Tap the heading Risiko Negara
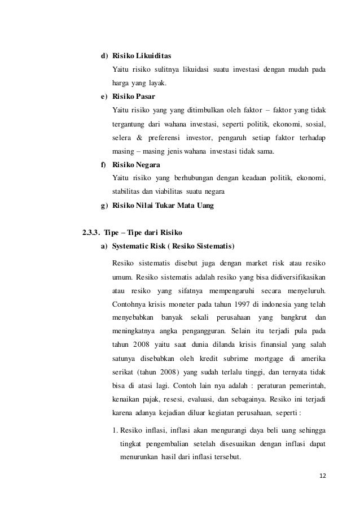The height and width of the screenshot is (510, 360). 137,165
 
